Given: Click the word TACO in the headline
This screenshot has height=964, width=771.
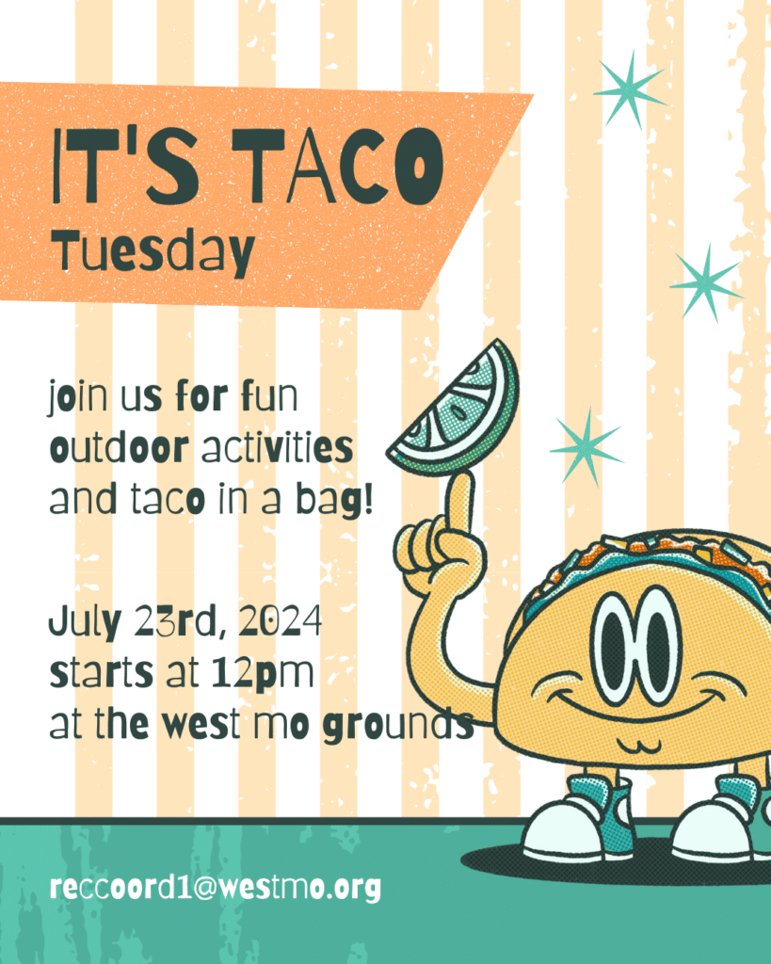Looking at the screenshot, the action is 338,166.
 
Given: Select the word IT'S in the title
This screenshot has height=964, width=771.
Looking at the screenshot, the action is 126,166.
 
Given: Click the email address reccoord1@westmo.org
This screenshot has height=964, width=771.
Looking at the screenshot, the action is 216,888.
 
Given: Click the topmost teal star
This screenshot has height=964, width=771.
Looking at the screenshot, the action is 630,90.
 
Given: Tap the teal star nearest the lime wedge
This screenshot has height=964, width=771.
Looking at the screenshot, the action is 586,447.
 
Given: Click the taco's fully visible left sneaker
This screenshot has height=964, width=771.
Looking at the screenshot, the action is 578,819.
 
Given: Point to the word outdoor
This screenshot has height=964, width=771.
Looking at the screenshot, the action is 120,447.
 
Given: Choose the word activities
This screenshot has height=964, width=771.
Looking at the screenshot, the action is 278,447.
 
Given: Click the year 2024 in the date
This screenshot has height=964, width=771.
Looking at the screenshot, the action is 281,621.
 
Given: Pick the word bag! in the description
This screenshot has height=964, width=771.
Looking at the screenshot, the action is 334,500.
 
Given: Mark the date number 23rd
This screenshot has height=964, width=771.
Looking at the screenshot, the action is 176,621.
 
